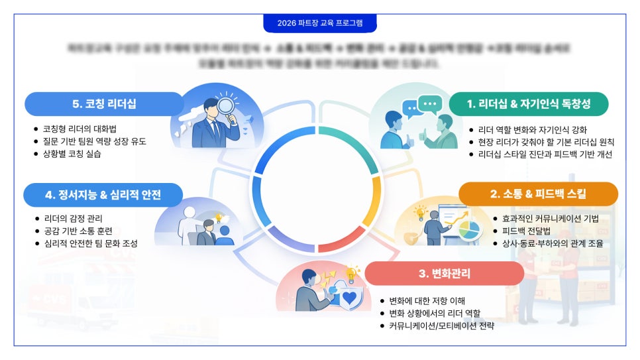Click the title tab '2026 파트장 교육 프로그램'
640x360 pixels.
click(320, 23)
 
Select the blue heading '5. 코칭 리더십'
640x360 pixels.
click(104, 104)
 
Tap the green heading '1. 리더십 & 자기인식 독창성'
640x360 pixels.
click(528, 103)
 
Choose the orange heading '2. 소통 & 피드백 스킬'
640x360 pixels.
click(538, 194)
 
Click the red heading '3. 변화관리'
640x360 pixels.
click(444, 273)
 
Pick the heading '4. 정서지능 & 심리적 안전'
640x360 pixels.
click(103, 195)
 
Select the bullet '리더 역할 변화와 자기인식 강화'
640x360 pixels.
click(532, 130)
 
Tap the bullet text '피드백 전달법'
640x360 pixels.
click(526, 231)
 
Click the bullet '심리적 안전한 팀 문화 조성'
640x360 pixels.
click(90, 243)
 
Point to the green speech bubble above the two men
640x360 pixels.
click(431, 103)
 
